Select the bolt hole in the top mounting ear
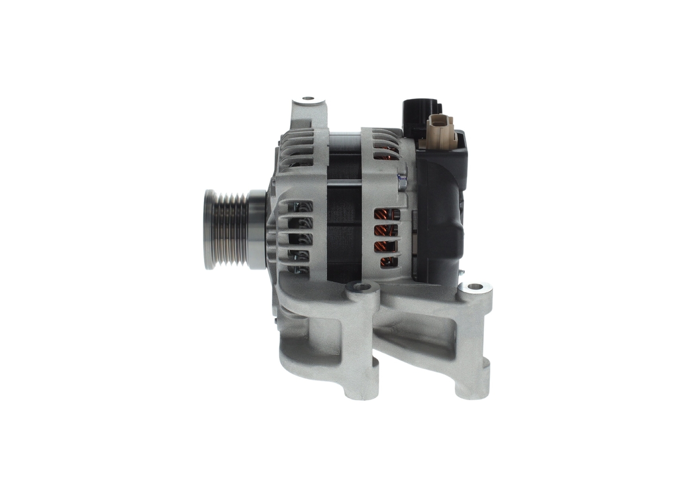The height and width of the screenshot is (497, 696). click(x=308, y=99)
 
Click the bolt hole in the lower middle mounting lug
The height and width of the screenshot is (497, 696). click(x=362, y=287)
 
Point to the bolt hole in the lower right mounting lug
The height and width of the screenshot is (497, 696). click(x=475, y=287)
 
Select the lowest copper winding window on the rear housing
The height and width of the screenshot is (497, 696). click(x=388, y=262)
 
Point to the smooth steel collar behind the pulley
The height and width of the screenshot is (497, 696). click(x=257, y=229)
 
